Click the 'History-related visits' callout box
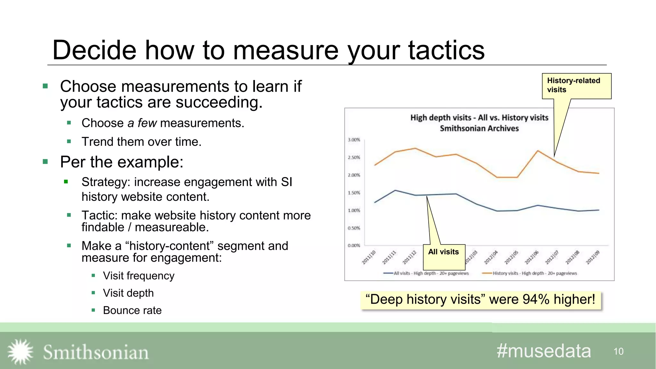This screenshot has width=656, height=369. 576,86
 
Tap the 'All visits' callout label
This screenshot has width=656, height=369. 444,252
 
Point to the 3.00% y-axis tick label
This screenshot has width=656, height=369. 354,140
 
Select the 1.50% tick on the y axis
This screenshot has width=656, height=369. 354,193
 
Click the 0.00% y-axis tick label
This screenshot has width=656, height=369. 354,246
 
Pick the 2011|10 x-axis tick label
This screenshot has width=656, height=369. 369,258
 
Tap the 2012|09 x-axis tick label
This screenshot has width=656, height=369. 593,258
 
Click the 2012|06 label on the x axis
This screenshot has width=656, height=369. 531,258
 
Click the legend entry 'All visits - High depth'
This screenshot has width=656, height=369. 426,273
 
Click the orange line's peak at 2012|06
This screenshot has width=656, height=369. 538,151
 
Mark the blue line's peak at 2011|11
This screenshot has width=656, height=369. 395,190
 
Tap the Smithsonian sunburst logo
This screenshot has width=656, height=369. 20,352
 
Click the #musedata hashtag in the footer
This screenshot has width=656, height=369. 544,351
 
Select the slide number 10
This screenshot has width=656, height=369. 619,352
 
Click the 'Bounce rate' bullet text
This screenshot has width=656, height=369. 132,310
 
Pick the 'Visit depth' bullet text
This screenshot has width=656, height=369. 128,293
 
